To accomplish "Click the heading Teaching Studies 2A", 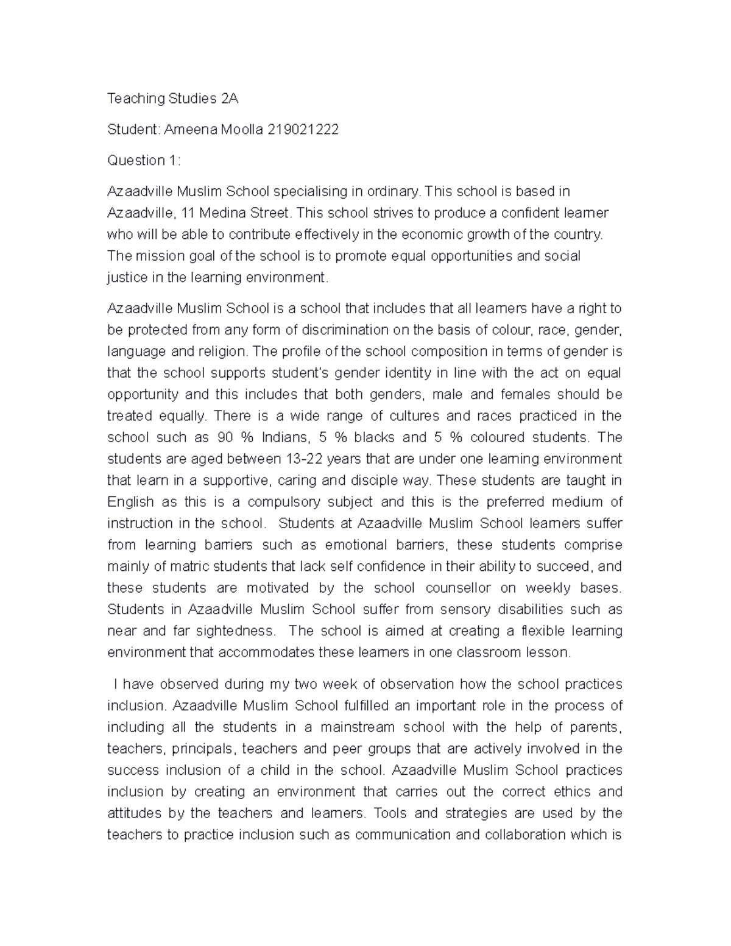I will click(x=173, y=98).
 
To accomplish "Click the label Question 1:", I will click(x=144, y=160).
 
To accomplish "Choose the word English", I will click(x=131, y=502).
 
